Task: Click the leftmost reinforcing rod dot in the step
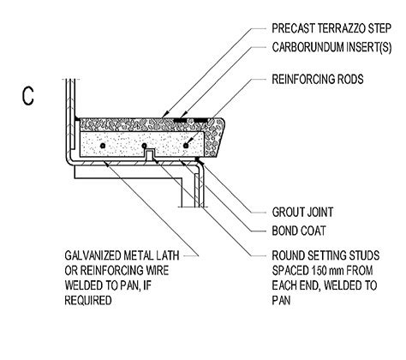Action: tap(103, 147)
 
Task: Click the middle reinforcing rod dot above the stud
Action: tap(143, 147)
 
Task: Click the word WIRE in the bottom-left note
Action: tap(160, 267)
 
